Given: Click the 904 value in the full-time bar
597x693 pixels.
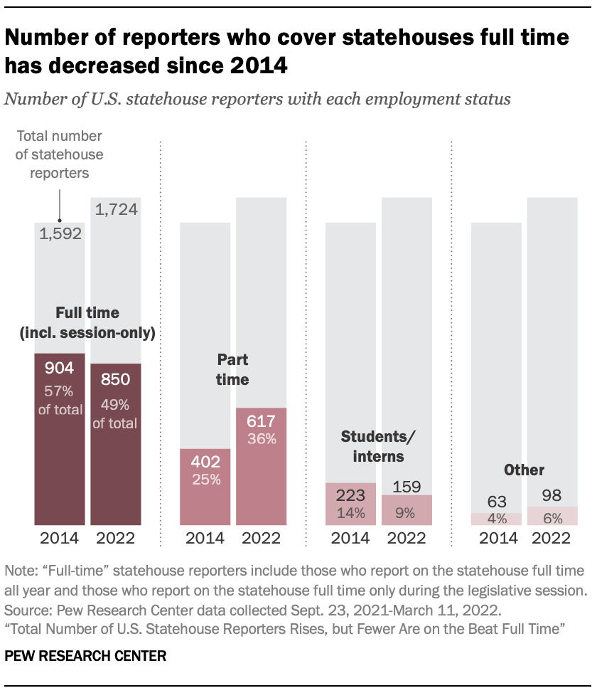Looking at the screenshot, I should click(x=60, y=369).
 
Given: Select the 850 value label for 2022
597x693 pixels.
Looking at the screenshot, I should click(x=116, y=379).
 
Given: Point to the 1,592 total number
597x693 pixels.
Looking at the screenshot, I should click(x=60, y=235).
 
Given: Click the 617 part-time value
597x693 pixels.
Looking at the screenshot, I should click(x=261, y=421).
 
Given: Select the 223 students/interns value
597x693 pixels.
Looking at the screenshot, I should click(x=350, y=494).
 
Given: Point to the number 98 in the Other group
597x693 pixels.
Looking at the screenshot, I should click(x=552, y=494).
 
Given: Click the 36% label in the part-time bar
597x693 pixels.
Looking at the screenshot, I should click(x=261, y=440).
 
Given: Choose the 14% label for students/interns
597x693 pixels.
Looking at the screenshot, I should click(x=350, y=512).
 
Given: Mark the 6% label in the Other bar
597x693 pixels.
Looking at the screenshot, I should click(x=552, y=518).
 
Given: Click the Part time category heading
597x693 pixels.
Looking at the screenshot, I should click(x=232, y=369).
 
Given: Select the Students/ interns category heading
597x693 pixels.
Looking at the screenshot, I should click(x=377, y=446).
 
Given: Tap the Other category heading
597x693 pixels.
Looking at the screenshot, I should click(x=524, y=470).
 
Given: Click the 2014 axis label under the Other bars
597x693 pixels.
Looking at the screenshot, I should click(x=497, y=538).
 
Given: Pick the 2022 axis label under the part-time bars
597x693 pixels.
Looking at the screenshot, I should click(x=261, y=538).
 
